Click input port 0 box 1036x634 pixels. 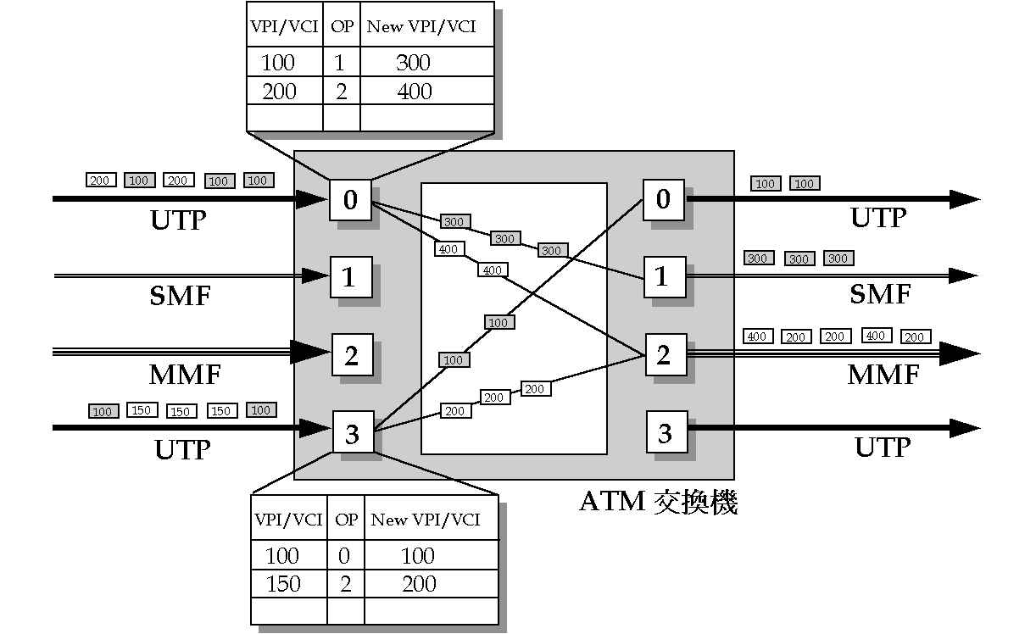350,200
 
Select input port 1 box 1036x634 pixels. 351,277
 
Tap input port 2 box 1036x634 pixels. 352,355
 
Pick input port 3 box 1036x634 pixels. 353,434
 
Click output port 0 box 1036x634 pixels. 663,199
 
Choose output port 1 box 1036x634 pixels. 662,276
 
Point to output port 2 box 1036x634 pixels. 665,354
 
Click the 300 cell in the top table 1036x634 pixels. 413,63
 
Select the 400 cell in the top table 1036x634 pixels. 415,92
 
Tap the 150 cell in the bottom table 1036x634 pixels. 283,584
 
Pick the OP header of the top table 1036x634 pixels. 342,26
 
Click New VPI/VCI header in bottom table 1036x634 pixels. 426,520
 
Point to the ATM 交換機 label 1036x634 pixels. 659,502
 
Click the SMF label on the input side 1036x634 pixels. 180,296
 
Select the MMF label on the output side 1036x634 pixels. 883,375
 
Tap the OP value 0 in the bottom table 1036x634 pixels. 344,556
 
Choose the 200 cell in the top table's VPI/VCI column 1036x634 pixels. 279,92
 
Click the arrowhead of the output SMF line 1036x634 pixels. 964,276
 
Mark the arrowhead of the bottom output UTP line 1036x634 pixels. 965,428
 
